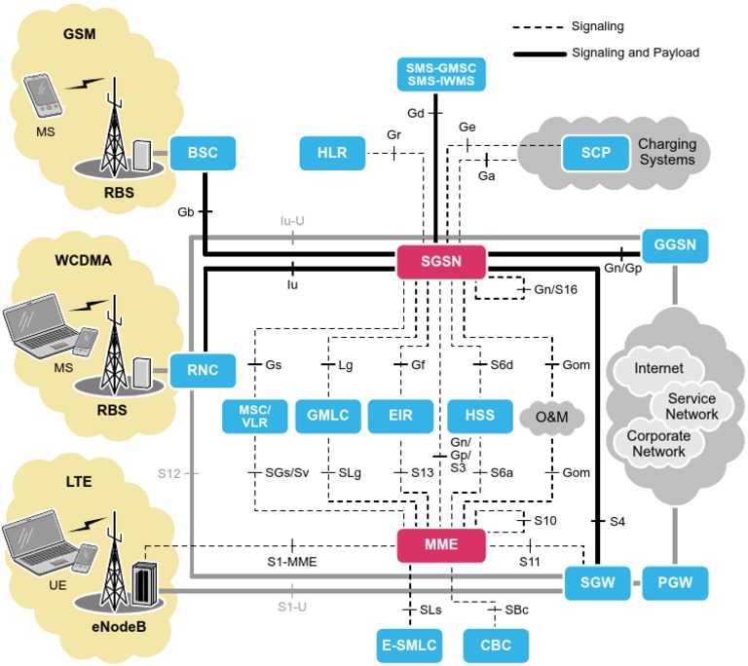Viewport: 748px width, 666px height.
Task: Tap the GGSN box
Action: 674,243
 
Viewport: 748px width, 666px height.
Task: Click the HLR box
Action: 331,153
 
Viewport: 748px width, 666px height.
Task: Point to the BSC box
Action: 204,153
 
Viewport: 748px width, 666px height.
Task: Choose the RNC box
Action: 204,369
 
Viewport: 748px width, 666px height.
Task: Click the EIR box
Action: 399,416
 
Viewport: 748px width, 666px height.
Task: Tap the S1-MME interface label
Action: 292,562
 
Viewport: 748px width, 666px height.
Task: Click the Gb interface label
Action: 186,211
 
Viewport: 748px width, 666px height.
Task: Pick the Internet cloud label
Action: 657,369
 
